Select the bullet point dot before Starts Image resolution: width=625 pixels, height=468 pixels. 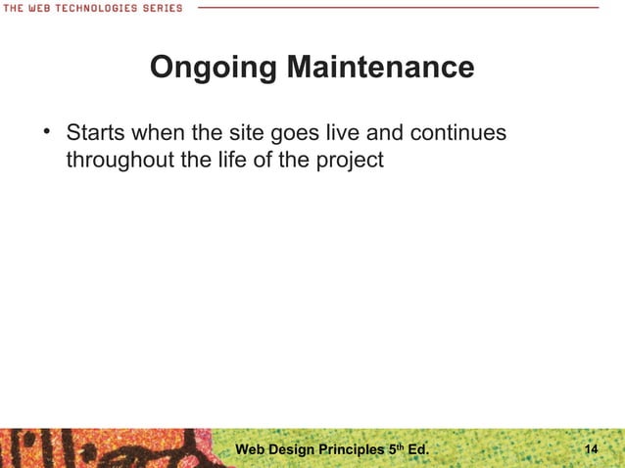(x=45, y=130)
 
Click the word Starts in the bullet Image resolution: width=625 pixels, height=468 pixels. (x=96, y=131)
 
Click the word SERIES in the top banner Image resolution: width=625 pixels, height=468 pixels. (x=162, y=8)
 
